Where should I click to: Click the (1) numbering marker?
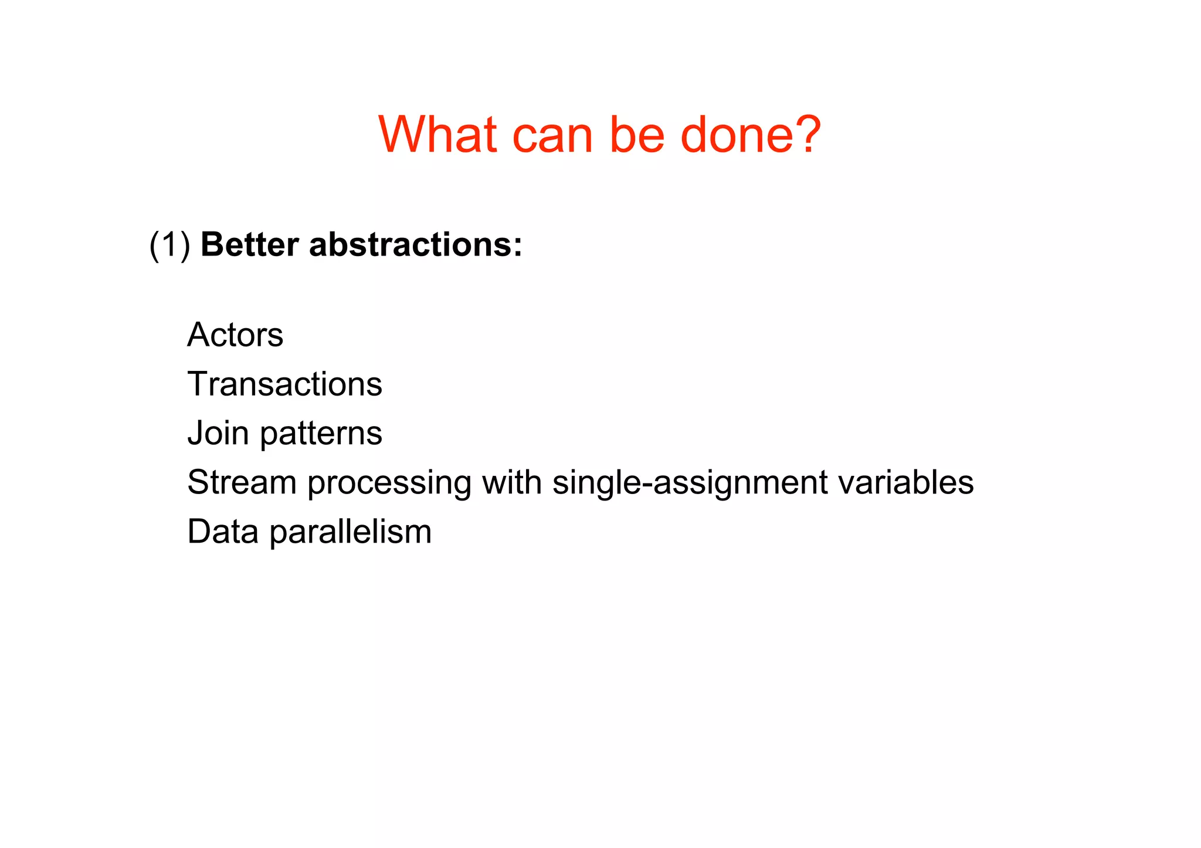tap(169, 244)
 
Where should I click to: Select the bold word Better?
tap(250, 244)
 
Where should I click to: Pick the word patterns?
tap(321, 434)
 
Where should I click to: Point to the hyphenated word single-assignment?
tap(690, 483)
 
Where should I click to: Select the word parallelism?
tap(350, 533)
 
